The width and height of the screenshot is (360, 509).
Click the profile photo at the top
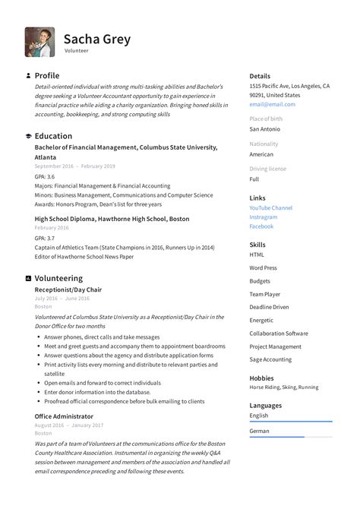point(39,43)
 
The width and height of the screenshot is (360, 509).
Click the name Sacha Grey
point(96,39)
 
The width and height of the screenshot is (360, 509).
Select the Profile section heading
point(47,76)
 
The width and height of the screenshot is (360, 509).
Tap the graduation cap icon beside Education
point(28,136)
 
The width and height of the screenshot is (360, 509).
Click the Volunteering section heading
point(58,278)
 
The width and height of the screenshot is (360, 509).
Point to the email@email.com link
point(272,104)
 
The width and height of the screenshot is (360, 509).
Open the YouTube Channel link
point(270,207)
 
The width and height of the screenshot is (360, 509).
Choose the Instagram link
point(263,217)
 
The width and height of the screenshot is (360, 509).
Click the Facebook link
point(261,226)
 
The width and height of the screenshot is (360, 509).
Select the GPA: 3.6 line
point(45,175)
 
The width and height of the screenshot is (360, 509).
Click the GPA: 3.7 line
point(45,238)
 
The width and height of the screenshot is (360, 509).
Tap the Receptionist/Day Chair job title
point(68,289)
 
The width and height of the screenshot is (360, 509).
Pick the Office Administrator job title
point(64,416)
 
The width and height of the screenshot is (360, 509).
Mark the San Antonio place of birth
point(266,129)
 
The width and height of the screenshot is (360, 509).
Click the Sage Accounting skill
point(270,359)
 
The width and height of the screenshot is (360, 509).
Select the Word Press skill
point(263,267)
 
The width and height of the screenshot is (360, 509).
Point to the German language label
point(261,431)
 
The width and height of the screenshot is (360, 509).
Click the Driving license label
point(267,169)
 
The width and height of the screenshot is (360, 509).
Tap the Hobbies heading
point(261,378)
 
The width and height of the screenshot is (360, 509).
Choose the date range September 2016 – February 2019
point(74,166)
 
